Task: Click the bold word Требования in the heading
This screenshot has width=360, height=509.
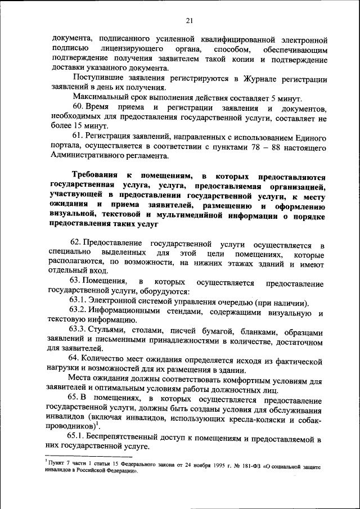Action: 94,175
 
